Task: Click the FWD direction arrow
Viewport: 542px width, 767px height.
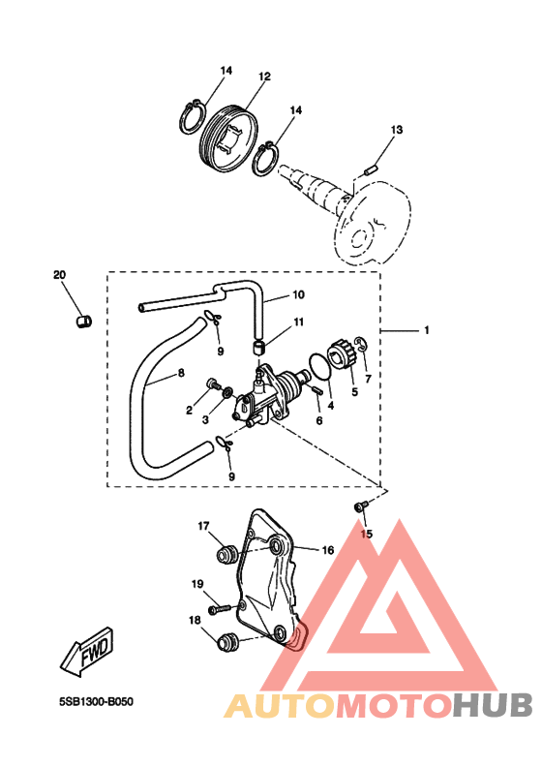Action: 87,652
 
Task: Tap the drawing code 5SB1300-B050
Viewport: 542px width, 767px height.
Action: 96,702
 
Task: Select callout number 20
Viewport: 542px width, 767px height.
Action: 59,275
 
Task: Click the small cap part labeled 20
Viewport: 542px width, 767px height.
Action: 84,322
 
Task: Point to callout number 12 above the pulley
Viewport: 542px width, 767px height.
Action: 264,77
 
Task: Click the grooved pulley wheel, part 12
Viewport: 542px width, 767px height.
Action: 228,139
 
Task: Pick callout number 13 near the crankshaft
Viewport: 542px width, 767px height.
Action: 397,130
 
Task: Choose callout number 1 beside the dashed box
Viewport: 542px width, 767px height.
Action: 426,330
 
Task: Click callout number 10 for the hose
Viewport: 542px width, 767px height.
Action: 299,294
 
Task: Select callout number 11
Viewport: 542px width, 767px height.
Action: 299,322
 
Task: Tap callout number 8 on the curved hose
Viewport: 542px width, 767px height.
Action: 181,373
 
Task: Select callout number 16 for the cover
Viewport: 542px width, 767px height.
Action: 327,550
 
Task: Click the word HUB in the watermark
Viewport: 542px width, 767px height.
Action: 492,706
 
